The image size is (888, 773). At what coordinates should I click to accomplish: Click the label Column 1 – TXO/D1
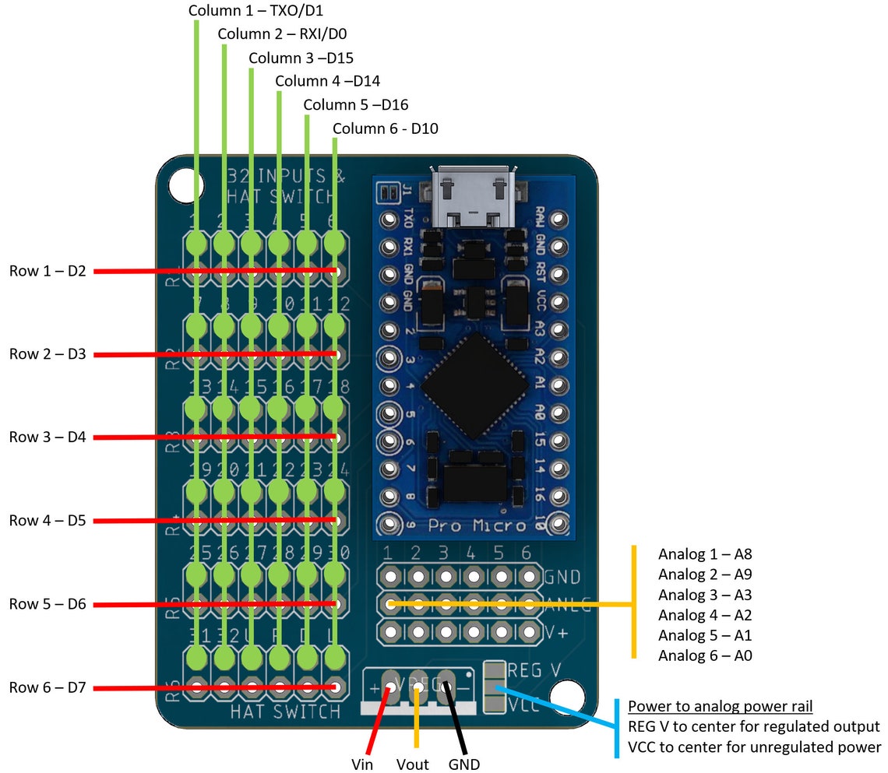[x=256, y=11]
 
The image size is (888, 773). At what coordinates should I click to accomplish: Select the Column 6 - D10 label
[x=385, y=128]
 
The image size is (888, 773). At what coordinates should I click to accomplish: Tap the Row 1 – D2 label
[x=47, y=271]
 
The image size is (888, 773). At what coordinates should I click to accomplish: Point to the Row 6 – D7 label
[x=47, y=687]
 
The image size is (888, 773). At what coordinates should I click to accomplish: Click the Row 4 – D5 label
[x=47, y=520]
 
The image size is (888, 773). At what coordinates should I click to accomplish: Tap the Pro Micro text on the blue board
[x=477, y=525]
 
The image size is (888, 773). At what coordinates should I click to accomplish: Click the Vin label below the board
[x=361, y=764]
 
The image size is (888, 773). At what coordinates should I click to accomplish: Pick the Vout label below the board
[x=412, y=764]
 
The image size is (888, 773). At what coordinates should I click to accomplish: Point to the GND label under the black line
[x=463, y=764]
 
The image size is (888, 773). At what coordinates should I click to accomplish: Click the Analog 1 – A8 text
[x=704, y=554]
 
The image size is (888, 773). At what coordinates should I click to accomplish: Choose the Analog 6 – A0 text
[x=704, y=655]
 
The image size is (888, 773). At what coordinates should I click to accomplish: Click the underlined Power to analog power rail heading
[x=721, y=707]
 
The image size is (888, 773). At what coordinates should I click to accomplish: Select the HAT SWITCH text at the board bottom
[x=285, y=712]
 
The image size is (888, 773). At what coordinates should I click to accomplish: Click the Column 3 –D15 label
[x=301, y=58]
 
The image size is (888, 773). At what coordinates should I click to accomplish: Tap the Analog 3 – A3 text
[x=704, y=595]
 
